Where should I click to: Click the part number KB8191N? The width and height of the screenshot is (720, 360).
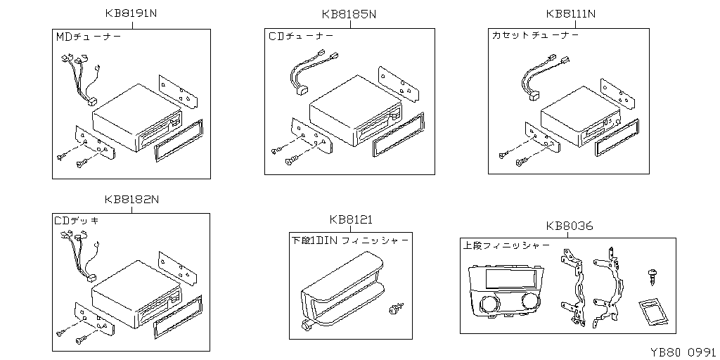click(x=131, y=14)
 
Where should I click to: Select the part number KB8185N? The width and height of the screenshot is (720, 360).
click(x=349, y=14)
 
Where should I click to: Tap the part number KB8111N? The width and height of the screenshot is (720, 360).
click(x=571, y=14)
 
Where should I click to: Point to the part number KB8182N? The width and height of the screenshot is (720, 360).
click(x=131, y=199)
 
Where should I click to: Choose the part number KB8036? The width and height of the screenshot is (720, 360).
click(x=569, y=226)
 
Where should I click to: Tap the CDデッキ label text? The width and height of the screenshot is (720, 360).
click(x=77, y=220)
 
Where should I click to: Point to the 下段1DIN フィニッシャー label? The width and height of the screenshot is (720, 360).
click(x=349, y=240)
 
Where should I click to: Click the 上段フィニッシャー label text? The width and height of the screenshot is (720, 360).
click(x=506, y=246)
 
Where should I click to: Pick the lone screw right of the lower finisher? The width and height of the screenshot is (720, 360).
click(x=394, y=309)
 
